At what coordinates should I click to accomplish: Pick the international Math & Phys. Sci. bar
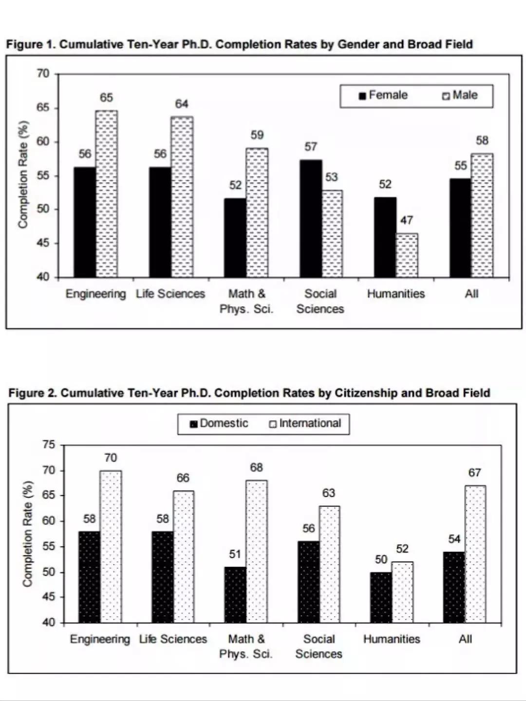257,551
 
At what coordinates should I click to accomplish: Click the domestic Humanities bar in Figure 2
381,597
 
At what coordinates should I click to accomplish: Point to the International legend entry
305,423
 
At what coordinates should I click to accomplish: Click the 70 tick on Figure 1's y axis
43,74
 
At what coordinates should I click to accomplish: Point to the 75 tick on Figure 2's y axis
49,445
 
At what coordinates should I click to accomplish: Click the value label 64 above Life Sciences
182,104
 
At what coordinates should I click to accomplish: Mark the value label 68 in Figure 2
257,467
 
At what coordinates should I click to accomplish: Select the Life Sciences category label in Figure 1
170,293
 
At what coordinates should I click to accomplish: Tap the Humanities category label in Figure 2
392,639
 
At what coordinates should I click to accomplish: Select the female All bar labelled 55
460,228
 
